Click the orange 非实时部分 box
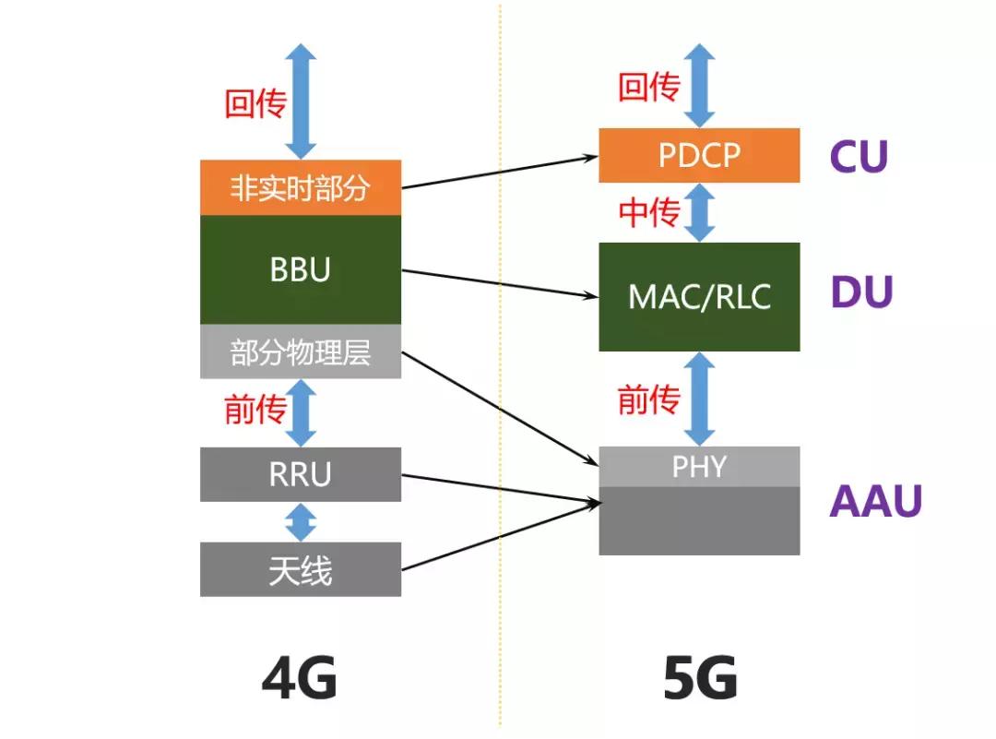(x=300, y=188)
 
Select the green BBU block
(x=300, y=269)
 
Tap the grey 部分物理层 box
(x=300, y=352)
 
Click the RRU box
(x=300, y=474)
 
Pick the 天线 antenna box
(x=300, y=569)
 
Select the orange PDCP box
(x=699, y=156)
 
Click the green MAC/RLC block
(x=699, y=297)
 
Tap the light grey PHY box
(x=699, y=467)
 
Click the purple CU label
(x=859, y=157)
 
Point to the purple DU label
(x=861, y=293)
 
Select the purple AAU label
(x=875, y=501)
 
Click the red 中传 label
(x=649, y=213)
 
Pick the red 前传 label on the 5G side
(x=648, y=399)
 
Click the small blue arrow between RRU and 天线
(x=301, y=522)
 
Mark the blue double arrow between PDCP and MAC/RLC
(x=700, y=212)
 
